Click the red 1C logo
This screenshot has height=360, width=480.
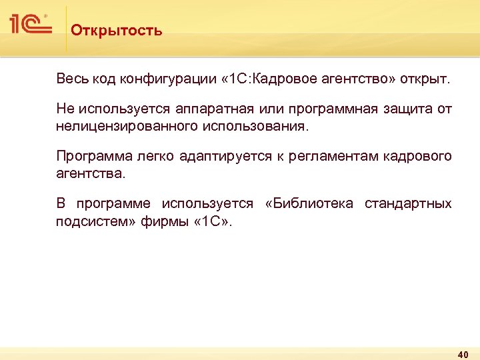click(31, 25)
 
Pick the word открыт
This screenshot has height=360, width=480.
click(427, 80)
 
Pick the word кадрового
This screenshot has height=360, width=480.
click(418, 157)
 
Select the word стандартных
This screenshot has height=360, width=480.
click(407, 203)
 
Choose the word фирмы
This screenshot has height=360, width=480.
click(159, 221)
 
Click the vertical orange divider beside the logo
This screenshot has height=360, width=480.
click(66, 30)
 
